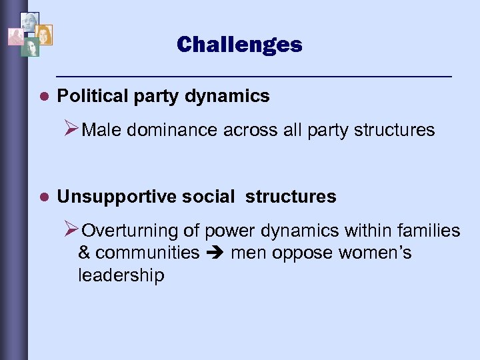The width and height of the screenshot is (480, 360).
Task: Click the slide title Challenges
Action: pyautogui.click(x=239, y=45)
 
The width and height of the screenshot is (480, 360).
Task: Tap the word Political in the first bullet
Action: pyautogui.click(x=88, y=96)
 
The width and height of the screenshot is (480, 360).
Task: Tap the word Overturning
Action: pyautogui.click(x=129, y=231)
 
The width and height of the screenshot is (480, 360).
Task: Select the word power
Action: pyautogui.click(x=226, y=231)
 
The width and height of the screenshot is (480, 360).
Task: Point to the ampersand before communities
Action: pyautogui.click(x=85, y=253)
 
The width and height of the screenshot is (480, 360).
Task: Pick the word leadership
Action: pyautogui.click(x=121, y=275)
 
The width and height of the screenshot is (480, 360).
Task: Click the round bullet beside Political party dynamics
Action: pyautogui.click(x=44, y=97)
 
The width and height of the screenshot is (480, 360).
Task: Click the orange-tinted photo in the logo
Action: pyautogui.click(x=43, y=35)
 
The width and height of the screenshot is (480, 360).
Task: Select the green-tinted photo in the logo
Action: pyautogui.click(x=30, y=47)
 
